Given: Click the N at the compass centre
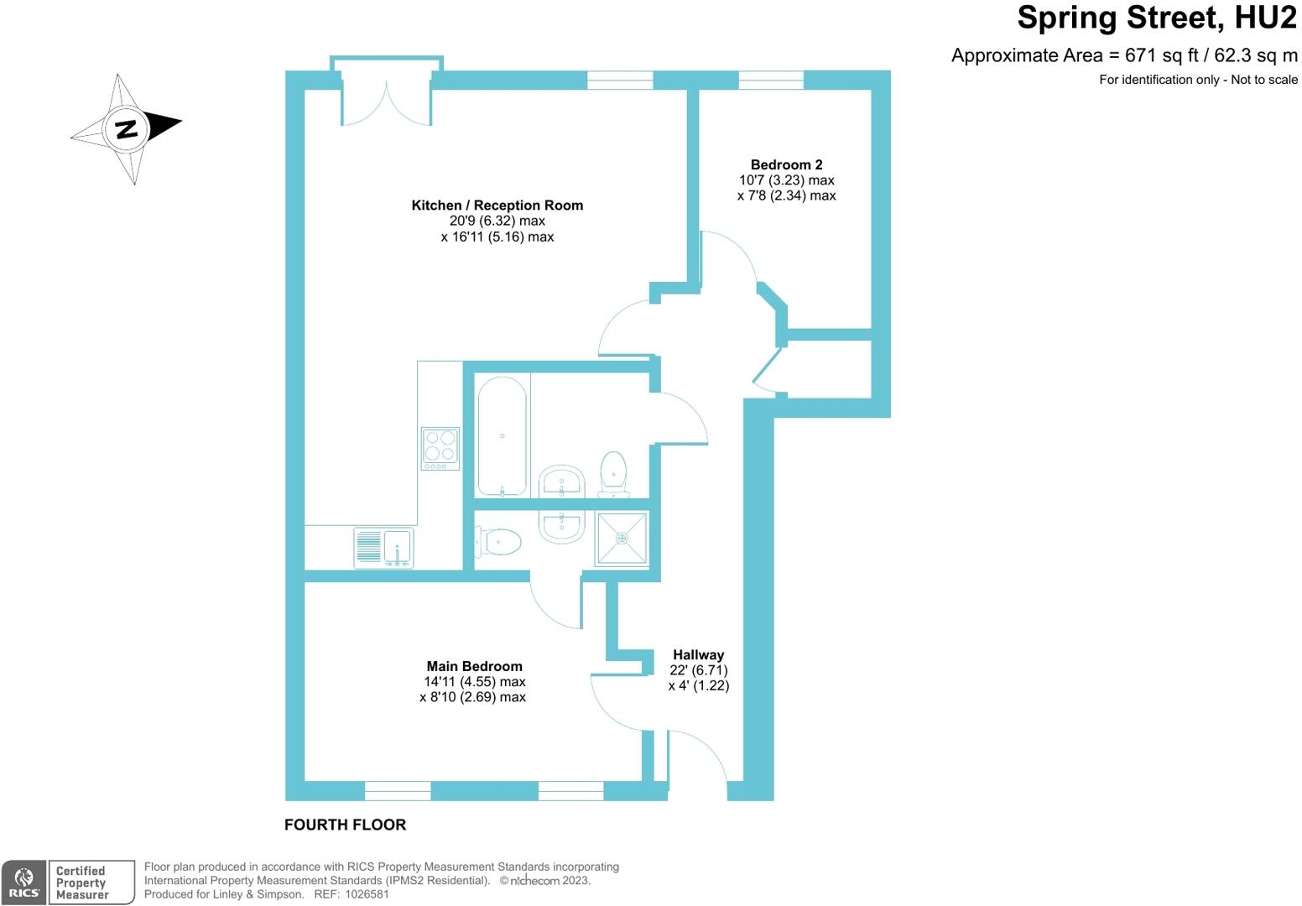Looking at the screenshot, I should [x=126, y=128].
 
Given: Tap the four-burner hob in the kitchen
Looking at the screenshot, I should [x=440, y=448].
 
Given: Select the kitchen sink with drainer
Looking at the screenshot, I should [x=384, y=548].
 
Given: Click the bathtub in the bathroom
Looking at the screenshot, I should [x=502, y=435].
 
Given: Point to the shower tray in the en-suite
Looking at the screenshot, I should [x=622, y=538].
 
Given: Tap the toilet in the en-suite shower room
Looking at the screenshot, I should [x=499, y=542].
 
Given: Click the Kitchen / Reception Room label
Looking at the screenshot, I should [x=497, y=206].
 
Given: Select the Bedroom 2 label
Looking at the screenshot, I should [x=786, y=164].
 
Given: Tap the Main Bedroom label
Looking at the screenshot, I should [x=474, y=666].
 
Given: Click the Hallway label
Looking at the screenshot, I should [x=698, y=654].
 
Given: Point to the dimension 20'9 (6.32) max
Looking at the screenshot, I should [x=497, y=221].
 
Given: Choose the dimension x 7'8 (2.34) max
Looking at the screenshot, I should [x=786, y=195].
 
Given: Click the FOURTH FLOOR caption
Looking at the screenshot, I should [x=345, y=825].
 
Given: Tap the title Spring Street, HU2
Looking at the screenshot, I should [x=1157, y=18].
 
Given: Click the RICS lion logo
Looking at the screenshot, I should [x=24, y=883].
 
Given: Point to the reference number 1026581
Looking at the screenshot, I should [x=364, y=894].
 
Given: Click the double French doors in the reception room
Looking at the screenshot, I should [x=386, y=99].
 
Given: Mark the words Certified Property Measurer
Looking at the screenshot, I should [x=82, y=883].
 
